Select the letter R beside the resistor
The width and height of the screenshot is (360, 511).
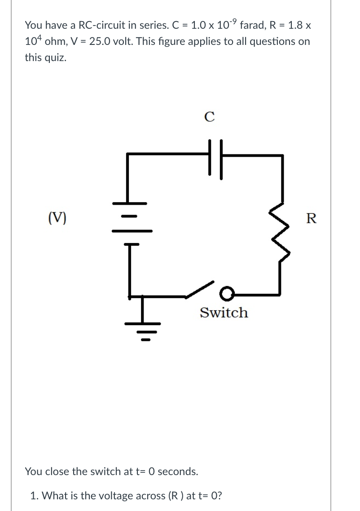[311, 219]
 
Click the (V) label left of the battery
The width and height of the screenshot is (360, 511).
[57, 219]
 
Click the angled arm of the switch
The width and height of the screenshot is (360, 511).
[200, 289]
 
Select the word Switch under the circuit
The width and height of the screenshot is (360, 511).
[224, 313]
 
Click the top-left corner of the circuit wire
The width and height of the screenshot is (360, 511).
[128, 154]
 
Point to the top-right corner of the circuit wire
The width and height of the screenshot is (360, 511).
[281, 155]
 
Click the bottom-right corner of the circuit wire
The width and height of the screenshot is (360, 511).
[281, 295]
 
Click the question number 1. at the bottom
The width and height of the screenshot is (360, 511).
[34, 496]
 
